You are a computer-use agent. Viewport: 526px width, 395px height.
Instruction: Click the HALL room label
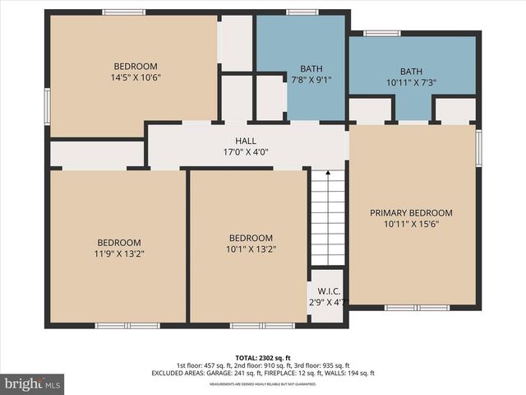[x=246, y=141]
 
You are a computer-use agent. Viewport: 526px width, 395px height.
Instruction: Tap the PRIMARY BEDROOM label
[x=411, y=212]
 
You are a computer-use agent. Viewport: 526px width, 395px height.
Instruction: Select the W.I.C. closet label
[x=326, y=290]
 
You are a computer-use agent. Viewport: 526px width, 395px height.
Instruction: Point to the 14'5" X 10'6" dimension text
[x=136, y=78]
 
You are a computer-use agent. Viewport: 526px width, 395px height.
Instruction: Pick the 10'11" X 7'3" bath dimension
[x=411, y=83]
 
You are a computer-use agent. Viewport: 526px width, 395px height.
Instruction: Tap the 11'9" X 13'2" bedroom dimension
[x=119, y=253]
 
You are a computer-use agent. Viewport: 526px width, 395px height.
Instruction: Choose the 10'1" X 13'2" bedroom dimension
[x=250, y=249]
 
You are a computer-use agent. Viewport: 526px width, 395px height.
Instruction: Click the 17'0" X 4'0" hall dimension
[x=246, y=151]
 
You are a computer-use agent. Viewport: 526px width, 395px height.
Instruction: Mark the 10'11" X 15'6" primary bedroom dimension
[x=411, y=223]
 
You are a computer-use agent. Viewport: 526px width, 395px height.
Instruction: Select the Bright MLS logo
[x=33, y=383]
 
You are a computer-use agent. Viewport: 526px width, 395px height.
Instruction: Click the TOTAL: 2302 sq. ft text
[x=262, y=357]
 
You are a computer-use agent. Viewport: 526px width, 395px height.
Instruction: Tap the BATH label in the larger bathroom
[x=411, y=72]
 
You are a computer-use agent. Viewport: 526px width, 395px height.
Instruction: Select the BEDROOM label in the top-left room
[x=136, y=67]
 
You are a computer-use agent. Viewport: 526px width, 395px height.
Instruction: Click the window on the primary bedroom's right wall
[x=478, y=146]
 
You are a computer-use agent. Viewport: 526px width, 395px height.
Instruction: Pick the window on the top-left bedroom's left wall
[x=47, y=107]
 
